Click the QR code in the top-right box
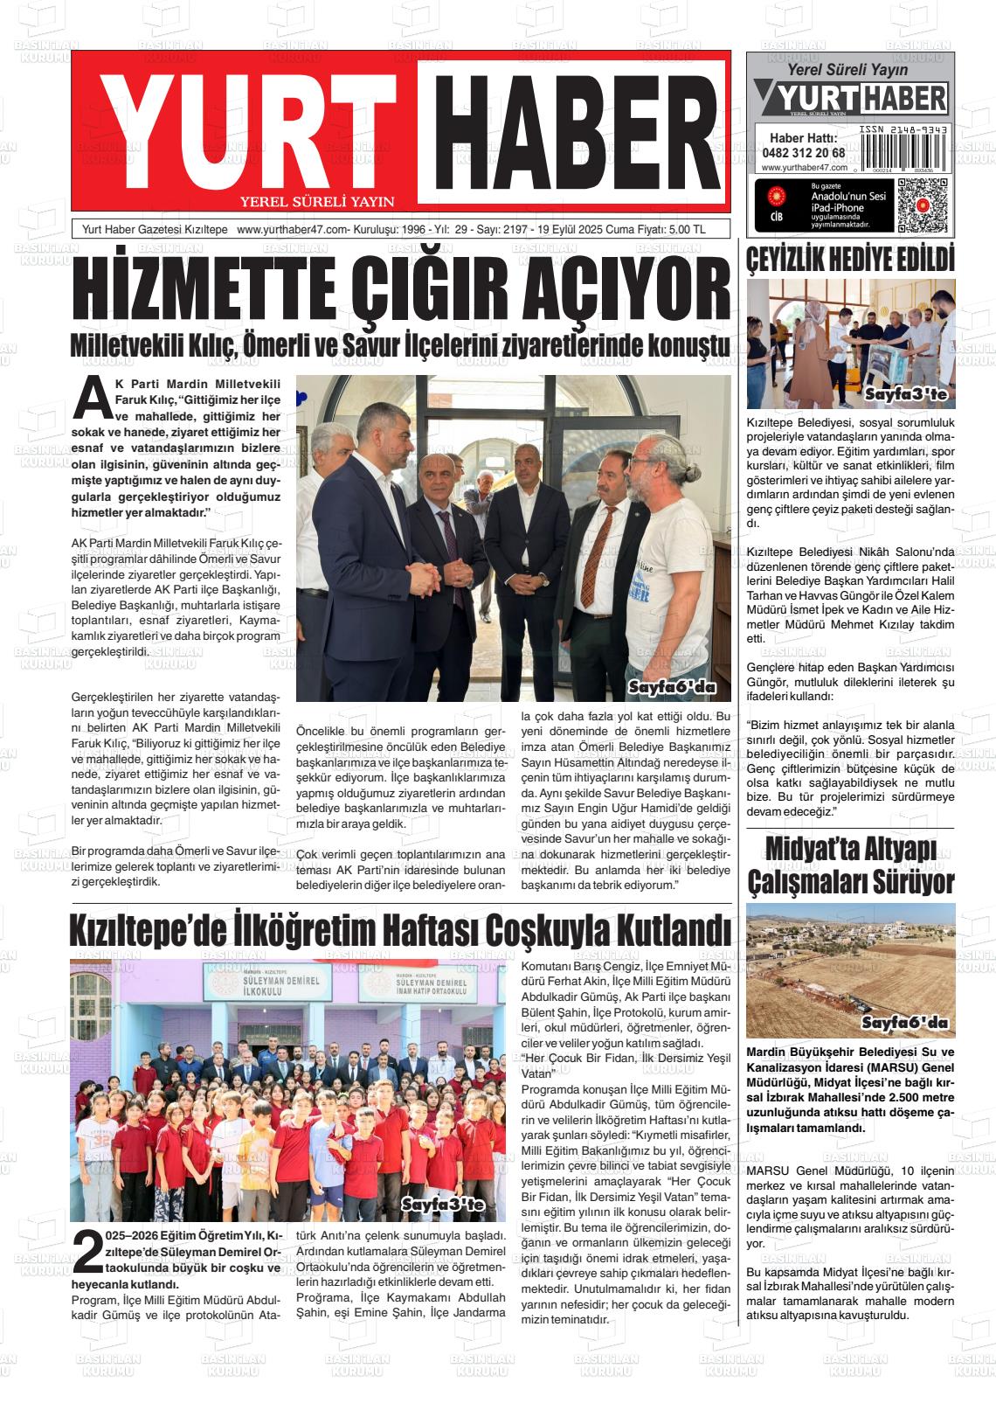(922, 205)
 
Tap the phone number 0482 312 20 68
(803, 152)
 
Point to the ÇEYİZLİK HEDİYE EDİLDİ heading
(850, 260)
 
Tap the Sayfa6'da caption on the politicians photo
(672, 687)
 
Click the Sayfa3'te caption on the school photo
(442, 1205)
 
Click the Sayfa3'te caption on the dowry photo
(905, 396)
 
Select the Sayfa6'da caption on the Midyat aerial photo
(905, 1023)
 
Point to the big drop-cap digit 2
(86, 1252)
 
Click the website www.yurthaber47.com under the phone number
(804, 168)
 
